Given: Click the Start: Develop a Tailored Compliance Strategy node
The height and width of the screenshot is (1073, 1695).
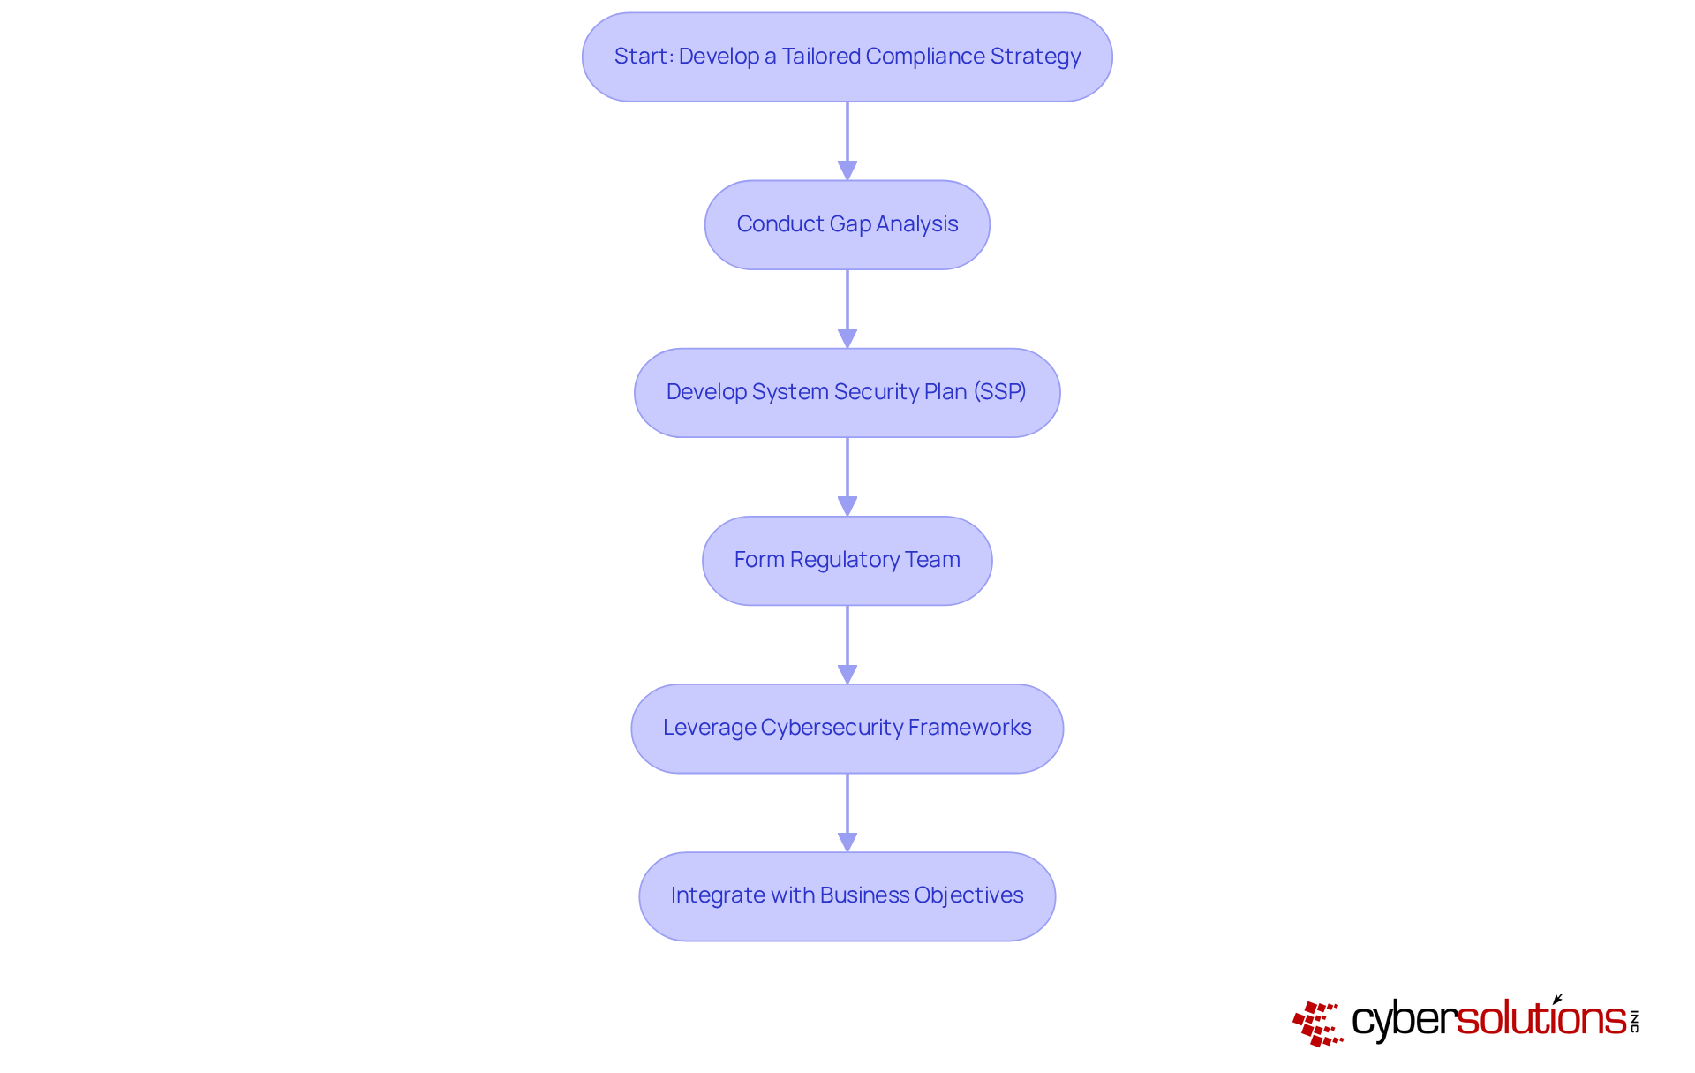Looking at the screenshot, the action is pos(847,57).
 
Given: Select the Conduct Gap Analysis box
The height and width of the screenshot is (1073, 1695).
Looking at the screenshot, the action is pos(847,224).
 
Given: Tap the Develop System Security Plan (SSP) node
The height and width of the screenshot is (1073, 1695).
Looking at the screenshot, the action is pos(847,392).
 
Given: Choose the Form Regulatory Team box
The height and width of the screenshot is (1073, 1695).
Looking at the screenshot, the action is pos(847,560).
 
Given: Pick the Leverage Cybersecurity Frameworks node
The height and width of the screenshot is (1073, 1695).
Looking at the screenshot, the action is pos(847,728).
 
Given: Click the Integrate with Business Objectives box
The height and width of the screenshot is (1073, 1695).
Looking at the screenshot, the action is pos(847,895).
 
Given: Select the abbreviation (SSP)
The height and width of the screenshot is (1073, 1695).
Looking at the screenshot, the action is pos(999,392).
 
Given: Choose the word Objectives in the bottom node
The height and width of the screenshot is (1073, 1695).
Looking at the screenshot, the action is pos(968,895).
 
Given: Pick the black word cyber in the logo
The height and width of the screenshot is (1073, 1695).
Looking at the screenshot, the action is pos(1403,1020).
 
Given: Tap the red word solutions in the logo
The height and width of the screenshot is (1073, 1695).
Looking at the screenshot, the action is pos(1541,1019).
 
